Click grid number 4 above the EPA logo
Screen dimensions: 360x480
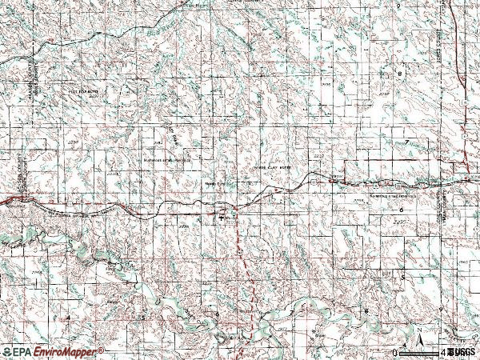pos(68,318)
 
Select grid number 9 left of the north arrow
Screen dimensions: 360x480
pos(441,310)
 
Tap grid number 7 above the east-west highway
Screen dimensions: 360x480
pos(406,142)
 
